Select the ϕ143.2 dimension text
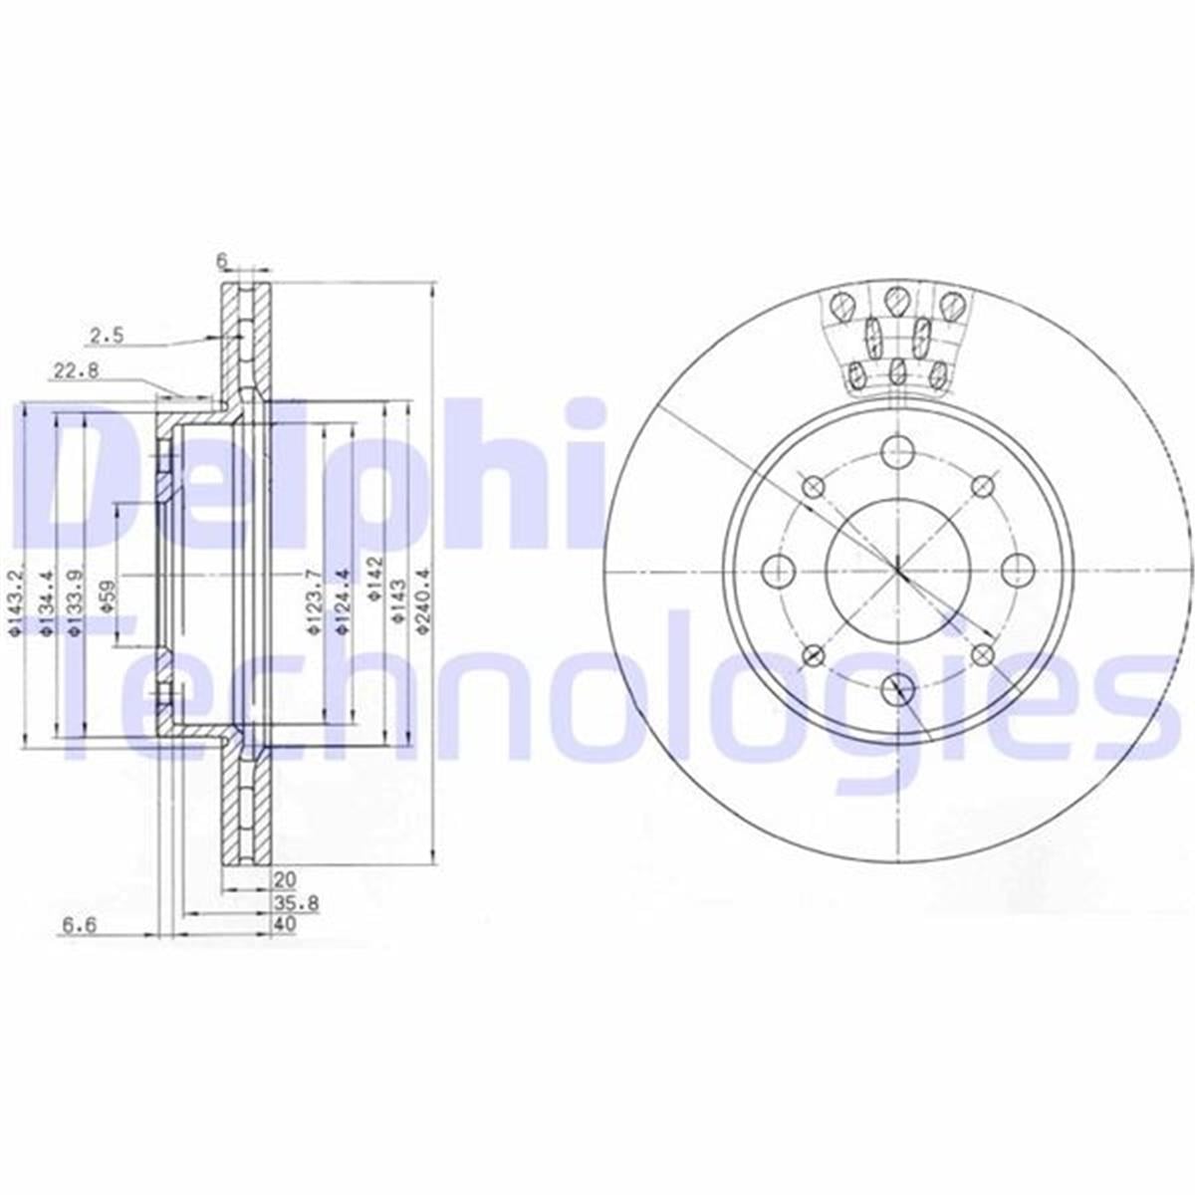[x=15, y=601]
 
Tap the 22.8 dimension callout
[x=74, y=372]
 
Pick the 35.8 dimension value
[x=287, y=904]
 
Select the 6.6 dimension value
[x=78, y=925]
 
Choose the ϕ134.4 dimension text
[x=46, y=601]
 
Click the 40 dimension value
[x=284, y=925]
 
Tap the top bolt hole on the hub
[x=898, y=450]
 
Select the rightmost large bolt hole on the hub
[x=1017, y=571]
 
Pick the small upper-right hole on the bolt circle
[x=983, y=486]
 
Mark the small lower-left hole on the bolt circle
[x=815, y=654]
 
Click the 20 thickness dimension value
[x=286, y=880]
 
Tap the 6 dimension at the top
[x=223, y=261]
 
